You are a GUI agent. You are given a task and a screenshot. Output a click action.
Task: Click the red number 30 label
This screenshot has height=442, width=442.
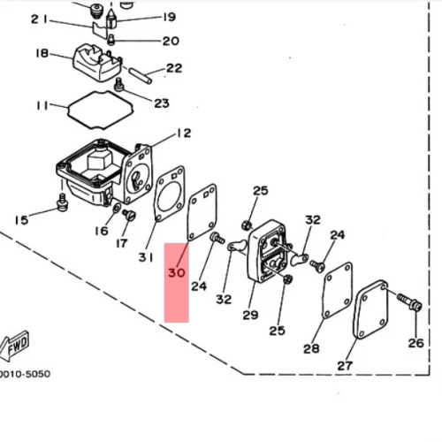coord(177,273)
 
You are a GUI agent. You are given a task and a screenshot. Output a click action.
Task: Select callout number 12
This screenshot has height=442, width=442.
coord(184,133)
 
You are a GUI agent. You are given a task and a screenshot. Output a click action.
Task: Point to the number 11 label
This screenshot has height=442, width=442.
coord(42,105)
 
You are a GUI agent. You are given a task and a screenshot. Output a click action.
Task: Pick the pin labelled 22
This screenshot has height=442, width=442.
coord(141,75)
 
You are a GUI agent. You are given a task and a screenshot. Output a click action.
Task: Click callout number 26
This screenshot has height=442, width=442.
coord(415,343)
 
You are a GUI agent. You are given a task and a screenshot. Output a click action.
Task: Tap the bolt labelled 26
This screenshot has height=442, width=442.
coord(410,301)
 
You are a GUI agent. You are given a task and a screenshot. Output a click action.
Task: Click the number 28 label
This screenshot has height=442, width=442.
coord(311,349)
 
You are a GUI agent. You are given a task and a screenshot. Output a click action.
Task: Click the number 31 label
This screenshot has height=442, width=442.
coord(146,257)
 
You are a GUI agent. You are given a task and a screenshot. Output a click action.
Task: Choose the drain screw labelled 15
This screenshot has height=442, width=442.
coord(62,202)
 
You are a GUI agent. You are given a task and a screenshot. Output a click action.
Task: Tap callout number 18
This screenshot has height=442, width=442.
coord(42,53)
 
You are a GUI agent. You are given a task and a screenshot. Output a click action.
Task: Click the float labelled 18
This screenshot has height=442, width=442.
coord(97,62)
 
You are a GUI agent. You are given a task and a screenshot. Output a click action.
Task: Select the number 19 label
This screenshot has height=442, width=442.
coord(170,17)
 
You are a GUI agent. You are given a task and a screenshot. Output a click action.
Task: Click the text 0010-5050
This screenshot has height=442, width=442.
coord(25,374)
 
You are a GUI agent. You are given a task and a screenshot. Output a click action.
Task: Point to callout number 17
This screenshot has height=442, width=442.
coord(121,243)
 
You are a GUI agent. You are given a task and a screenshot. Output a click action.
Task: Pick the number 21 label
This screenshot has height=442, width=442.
coord(39,19)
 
